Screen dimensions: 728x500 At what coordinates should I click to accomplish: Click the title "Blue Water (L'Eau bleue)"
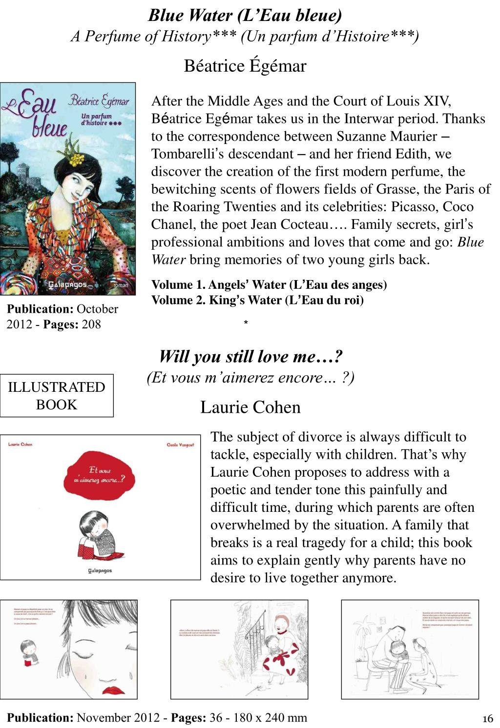245,16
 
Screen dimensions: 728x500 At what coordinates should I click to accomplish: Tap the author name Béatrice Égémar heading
245,65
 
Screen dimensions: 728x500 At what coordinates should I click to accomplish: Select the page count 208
91,324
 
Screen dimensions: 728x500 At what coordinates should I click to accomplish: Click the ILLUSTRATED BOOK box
57,396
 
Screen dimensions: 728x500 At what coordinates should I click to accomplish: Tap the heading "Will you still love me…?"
250,357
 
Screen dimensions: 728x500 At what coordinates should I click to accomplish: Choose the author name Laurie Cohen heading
250,407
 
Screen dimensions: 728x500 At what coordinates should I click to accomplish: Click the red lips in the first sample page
114,691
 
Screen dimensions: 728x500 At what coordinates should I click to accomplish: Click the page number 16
488,718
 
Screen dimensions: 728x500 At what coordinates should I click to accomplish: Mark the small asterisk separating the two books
246,323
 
